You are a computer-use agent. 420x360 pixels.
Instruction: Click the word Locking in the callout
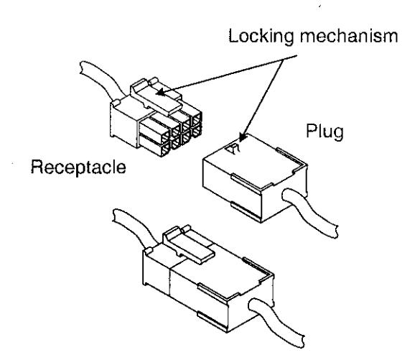[261, 37]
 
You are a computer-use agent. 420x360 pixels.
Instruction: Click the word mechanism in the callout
[349, 36]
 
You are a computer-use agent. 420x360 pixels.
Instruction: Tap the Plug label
[325, 131]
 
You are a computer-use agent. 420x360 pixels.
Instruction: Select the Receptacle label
[78, 167]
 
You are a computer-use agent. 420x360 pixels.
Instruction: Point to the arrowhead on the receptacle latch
[160, 93]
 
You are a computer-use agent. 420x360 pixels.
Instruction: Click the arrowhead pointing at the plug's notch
[242, 137]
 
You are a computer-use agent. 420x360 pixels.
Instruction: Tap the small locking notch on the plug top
[233, 148]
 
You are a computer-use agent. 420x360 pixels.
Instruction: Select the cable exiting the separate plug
[311, 212]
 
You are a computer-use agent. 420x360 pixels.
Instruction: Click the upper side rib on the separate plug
[246, 184]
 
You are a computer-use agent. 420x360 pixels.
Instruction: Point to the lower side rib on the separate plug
[246, 212]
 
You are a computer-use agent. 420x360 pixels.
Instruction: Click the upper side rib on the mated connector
[212, 292]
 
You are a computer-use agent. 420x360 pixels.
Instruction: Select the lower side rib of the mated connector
[212, 321]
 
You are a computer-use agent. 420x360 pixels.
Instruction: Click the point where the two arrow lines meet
[284, 60]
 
